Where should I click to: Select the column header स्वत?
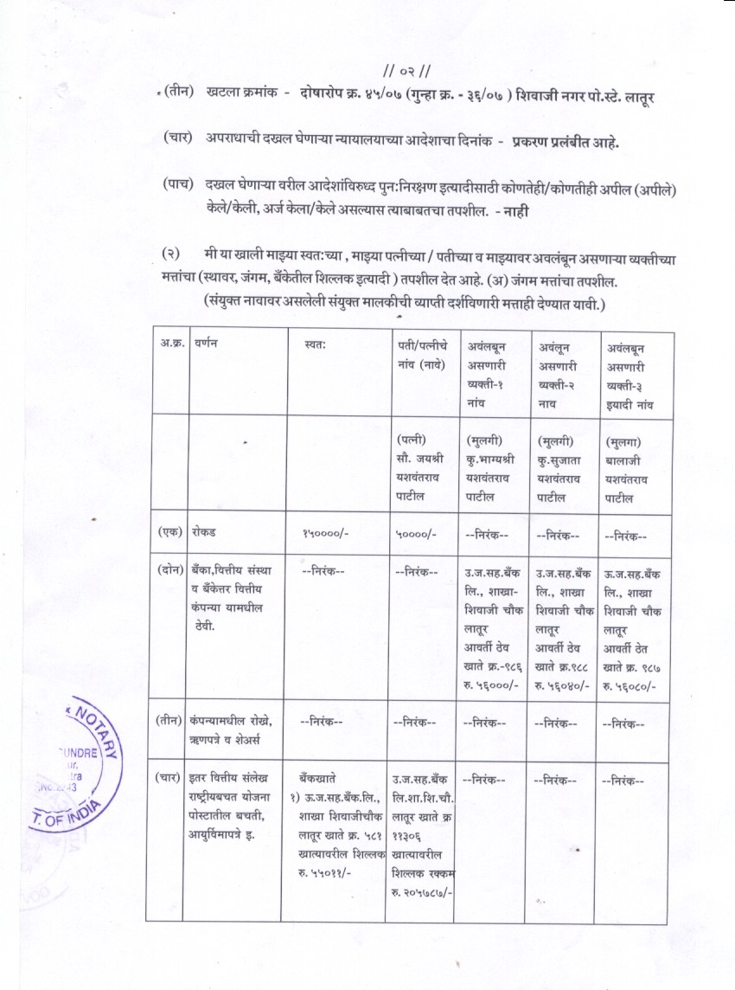315,344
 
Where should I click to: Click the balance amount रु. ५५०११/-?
324,873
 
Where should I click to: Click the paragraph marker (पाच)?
177,184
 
